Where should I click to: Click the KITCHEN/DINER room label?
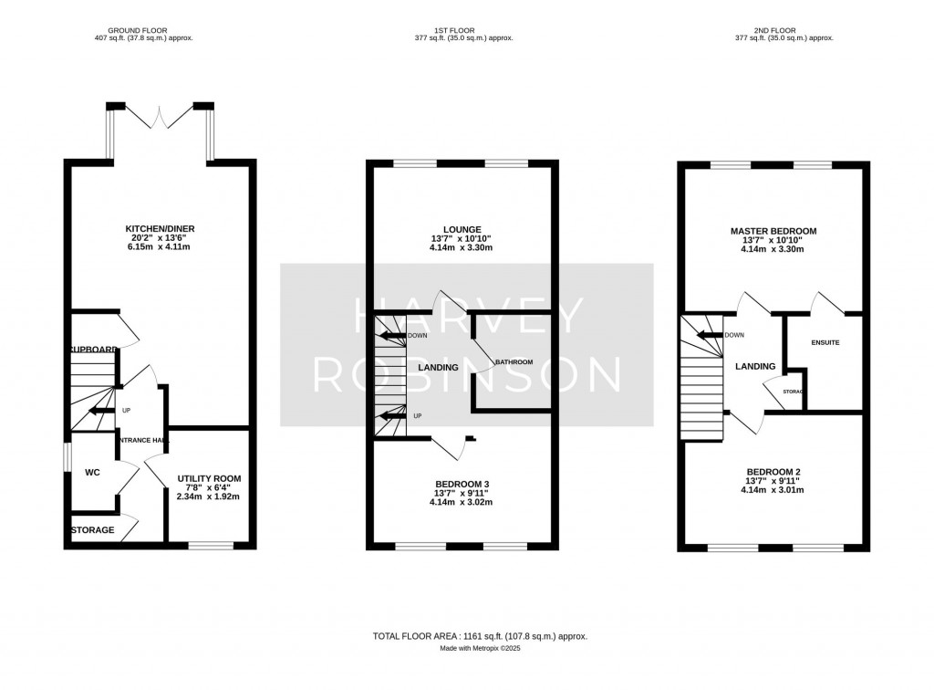coord(161,228)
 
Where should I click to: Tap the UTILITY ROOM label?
coord(209,478)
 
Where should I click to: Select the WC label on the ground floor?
coord(91,473)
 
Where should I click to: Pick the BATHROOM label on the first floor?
coord(514,362)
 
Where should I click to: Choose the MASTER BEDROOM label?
coord(773,231)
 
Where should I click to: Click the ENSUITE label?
coord(825,342)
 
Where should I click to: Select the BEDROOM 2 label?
coord(773,471)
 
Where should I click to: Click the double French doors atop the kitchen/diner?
coord(161,117)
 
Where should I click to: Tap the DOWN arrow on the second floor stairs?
coord(708,335)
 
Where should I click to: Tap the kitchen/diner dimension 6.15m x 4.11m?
coord(161,248)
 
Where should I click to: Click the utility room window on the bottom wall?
coord(210,546)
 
